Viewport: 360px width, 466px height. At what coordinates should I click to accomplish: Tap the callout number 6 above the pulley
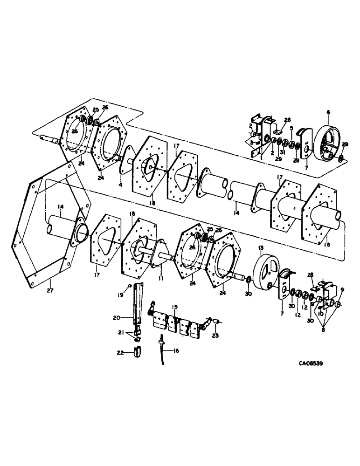click(x=328, y=112)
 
